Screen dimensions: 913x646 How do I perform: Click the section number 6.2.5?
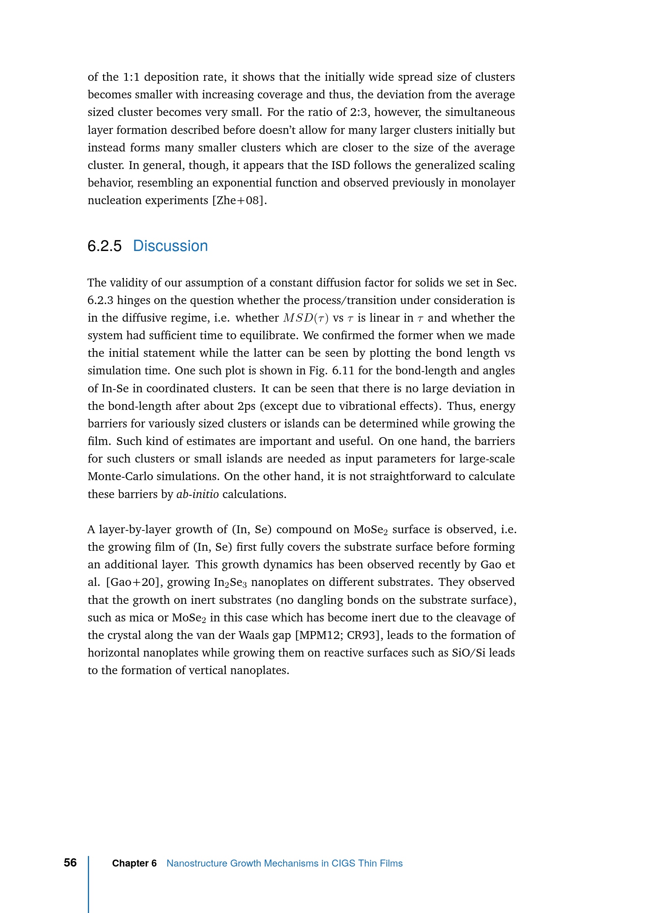(x=104, y=246)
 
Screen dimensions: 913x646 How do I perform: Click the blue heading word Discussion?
(x=170, y=246)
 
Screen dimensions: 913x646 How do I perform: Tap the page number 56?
(x=70, y=863)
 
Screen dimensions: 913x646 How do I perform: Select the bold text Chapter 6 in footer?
(x=134, y=863)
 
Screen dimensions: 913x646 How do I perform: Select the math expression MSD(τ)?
(x=305, y=318)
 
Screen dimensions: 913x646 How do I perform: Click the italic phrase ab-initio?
(x=197, y=494)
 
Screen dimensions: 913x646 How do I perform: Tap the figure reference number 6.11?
(x=343, y=370)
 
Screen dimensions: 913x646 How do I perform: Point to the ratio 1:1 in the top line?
(x=131, y=77)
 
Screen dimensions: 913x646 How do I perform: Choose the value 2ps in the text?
(x=246, y=406)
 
